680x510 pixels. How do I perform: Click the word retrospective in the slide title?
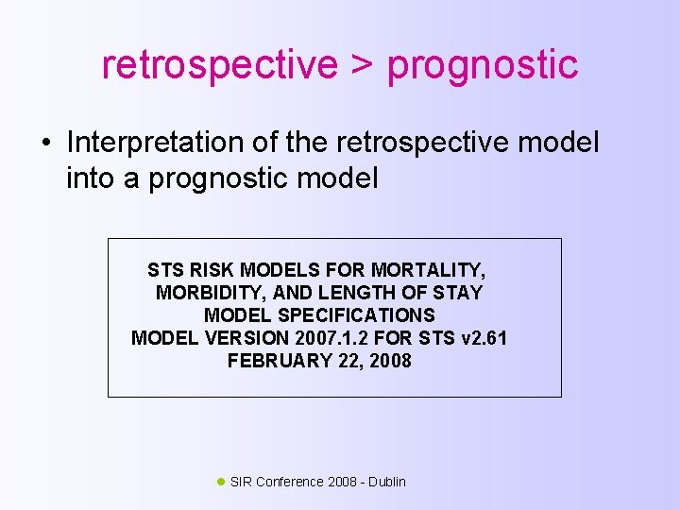(218, 65)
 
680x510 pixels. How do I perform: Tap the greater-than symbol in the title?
(362, 65)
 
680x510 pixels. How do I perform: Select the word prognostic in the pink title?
(483, 65)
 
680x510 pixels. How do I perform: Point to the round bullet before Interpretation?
(45, 144)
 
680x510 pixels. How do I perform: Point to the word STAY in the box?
(457, 293)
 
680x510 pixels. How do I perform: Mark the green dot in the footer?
(221, 482)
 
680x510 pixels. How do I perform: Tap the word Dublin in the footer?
(387, 482)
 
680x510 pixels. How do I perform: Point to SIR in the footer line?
(241, 482)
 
